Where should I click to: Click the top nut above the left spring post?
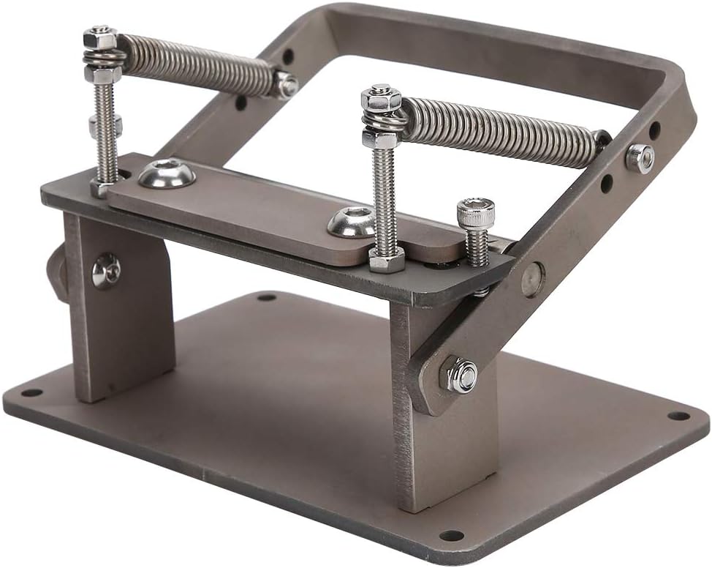100,36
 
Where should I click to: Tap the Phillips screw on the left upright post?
107,270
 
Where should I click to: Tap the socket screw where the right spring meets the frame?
640,158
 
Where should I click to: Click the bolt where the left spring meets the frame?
285,85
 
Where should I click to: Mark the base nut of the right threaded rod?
386,259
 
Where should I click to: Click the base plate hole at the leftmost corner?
31,392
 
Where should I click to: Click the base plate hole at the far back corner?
266,297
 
